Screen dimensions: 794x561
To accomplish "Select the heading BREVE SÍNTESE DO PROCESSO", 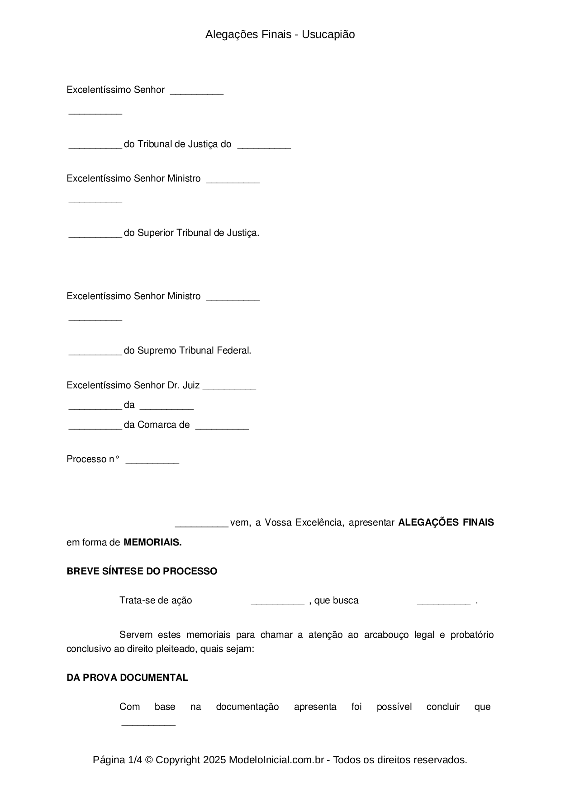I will [x=142, y=571].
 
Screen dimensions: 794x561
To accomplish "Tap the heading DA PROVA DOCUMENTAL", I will [x=127, y=678].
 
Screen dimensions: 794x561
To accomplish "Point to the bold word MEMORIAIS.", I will [x=152, y=542].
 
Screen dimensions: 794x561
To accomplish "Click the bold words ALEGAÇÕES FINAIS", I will [x=446, y=522].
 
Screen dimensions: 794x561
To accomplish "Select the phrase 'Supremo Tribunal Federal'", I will [x=194, y=350].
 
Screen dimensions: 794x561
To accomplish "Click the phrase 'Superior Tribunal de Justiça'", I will [x=198, y=233].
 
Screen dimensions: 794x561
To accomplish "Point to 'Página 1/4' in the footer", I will [x=115, y=760].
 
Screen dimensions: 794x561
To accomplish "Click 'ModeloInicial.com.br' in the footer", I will [x=276, y=760].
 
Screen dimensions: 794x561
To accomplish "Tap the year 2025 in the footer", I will [x=214, y=760].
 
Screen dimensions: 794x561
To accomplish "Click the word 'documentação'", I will [x=247, y=707].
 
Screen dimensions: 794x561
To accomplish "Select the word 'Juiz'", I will [x=190, y=385].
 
